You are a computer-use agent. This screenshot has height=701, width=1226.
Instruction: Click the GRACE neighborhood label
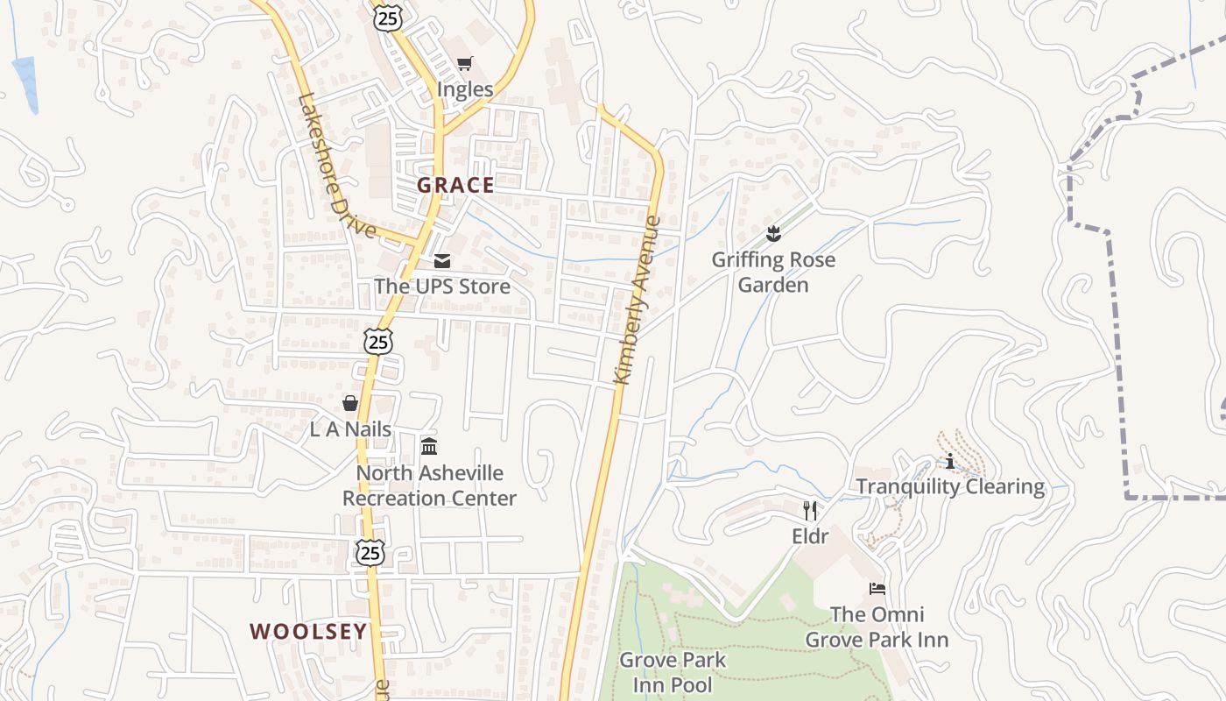click(x=455, y=185)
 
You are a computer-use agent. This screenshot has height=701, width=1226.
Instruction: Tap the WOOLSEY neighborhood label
click(x=308, y=631)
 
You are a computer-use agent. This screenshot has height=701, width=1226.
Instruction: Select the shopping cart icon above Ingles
click(x=464, y=63)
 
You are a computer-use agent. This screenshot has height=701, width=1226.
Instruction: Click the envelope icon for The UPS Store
click(x=441, y=261)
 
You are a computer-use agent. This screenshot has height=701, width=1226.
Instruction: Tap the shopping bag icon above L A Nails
click(x=350, y=403)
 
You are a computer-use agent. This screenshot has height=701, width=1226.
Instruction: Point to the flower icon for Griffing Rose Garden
click(x=772, y=233)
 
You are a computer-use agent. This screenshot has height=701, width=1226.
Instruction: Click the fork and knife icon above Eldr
click(x=810, y=510)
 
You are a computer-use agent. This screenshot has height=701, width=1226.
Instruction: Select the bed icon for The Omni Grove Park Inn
click(x=877, y=589)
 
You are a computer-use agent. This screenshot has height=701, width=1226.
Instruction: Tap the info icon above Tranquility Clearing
click(x=950, y=461)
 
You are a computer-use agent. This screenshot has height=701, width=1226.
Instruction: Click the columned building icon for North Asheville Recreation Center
click(x=429, y=447)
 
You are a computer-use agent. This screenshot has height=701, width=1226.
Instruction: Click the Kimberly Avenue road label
click(x=638, y=300)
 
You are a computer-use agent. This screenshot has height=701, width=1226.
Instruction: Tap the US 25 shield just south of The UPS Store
click(x=378, y=341)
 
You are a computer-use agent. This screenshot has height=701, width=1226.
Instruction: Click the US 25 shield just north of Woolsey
click(x=370, y=552)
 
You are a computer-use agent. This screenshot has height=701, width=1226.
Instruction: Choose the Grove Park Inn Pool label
click(x=673, y=671)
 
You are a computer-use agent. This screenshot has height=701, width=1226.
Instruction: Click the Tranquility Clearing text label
click(x=950, y=487)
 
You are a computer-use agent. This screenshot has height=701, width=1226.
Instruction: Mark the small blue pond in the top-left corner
click(x=25, y=82)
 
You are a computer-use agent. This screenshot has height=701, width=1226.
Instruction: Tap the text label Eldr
click(x=810, y=535)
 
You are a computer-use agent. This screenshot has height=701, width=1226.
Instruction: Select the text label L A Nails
click(x=350, y=429)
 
